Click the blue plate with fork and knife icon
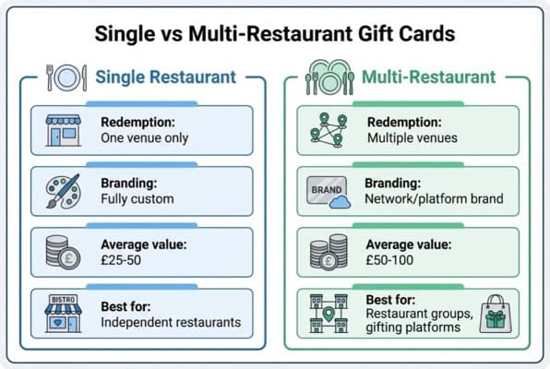click(x=63, y=77)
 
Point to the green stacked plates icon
click(x=320, y=77)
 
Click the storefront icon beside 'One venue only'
click(x=63, y=131)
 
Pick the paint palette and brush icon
click(x=63, y=192)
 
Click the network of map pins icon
click(x=325, y=131)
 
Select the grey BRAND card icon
click(x=325, y=192)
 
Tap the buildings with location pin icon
click(x=325, y=315)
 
